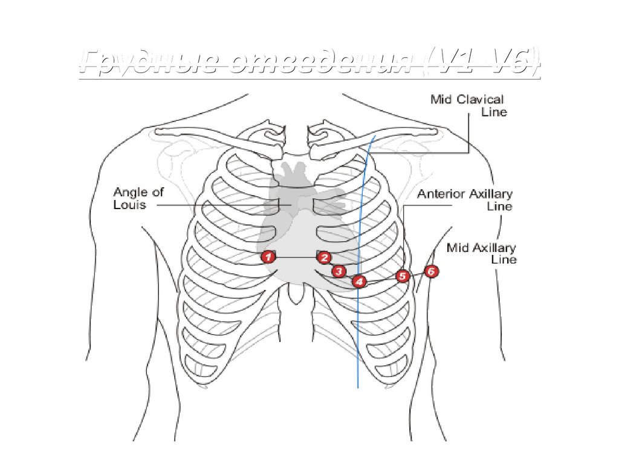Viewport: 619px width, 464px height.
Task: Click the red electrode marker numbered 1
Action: [268, 257]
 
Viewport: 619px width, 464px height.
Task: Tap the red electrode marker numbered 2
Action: [325, 258]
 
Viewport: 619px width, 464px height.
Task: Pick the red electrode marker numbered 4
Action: [359, 281]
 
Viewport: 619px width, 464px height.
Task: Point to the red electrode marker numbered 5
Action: [403, 276]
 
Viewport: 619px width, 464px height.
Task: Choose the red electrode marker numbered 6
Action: [430, 271]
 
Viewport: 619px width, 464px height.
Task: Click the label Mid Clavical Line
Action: [468, 105]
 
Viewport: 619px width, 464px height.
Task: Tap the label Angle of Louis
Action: [130, 198]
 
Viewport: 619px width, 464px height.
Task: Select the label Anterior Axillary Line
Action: [465, 200]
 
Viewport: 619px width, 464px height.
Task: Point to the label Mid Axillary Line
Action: [481, 253]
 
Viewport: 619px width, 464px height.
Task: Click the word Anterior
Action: [441, 195]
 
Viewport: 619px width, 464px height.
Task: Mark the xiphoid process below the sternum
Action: [295, 294]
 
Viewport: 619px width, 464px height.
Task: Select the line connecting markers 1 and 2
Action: [296, 258]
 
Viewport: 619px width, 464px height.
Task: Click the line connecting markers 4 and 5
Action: [381, 279]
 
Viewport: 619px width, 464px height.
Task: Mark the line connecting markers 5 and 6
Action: [416, 274]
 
